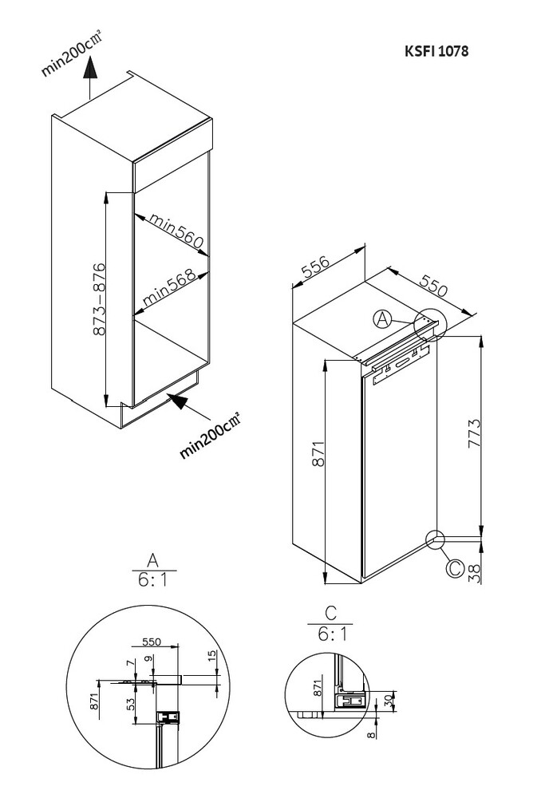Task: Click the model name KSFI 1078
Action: (436, 50)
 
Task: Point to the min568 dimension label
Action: (169, 290)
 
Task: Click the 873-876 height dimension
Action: (99, 299)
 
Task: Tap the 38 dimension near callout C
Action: (474, 571)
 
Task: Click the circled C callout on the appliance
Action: (454, 568)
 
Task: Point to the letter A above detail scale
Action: (153, 558)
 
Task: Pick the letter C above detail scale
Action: (330, 613)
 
